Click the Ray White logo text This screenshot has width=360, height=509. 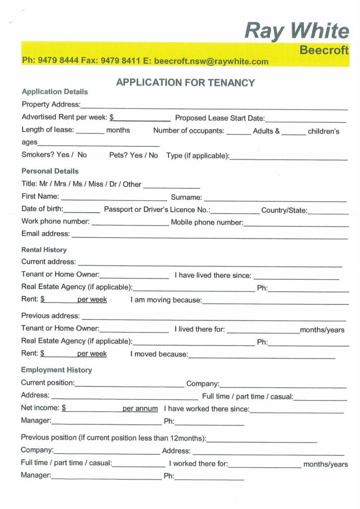[297, 31]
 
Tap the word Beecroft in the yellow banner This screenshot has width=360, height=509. [324, 50]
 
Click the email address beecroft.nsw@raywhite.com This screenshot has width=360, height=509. [211, 62]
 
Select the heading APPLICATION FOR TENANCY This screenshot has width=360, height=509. [185, 83]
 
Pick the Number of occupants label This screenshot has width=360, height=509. [189, 131]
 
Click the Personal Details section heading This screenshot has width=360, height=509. [50, 171]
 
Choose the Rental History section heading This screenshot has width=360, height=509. [44, 250]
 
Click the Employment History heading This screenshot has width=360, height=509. [56, 370]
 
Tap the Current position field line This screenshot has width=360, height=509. [129, 385]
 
